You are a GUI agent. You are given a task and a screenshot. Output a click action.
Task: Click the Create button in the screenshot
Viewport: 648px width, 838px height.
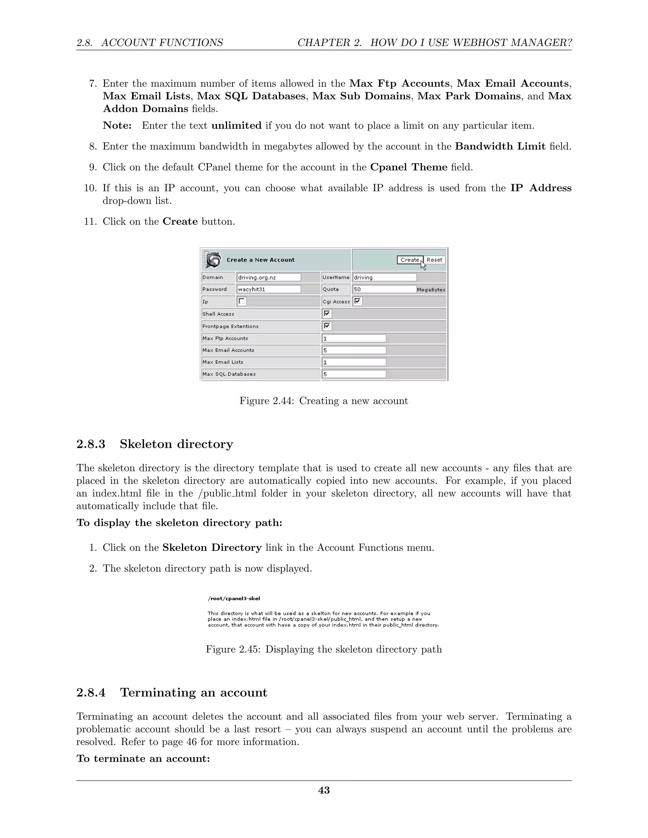(x=410, y=260)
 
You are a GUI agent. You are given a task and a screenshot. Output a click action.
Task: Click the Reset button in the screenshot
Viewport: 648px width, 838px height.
(x=434, y=260)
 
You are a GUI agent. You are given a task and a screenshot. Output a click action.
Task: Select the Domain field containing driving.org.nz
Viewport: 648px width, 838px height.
(x=269, y=277)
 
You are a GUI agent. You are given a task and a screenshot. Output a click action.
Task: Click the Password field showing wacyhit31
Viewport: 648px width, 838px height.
(x=269, y=289)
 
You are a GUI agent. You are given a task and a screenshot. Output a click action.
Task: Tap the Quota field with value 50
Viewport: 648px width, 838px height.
(x=384, y=289)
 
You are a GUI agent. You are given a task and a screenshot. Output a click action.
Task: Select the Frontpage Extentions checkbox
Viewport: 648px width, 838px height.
(x=327, y=326)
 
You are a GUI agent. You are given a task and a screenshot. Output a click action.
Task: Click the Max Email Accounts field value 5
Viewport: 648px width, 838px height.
(x=354, y=350)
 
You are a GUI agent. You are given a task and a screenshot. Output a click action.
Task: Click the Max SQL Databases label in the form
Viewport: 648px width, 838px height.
(x=229, y=374)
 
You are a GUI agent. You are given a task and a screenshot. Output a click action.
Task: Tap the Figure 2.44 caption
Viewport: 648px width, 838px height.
(x=324, y=401)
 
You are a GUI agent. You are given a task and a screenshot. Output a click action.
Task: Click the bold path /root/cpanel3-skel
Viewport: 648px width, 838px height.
(x=234, y=599)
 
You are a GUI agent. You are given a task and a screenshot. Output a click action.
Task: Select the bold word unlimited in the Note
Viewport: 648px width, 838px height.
(x=236, y=126)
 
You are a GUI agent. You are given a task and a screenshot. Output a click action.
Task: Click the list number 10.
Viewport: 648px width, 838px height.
(x=90, y=188)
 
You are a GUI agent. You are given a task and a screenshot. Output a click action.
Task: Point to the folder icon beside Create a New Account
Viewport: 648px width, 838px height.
(x=212, y=260)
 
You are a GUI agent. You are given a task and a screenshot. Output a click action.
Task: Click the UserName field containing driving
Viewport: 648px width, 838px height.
(x=384, y=277)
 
